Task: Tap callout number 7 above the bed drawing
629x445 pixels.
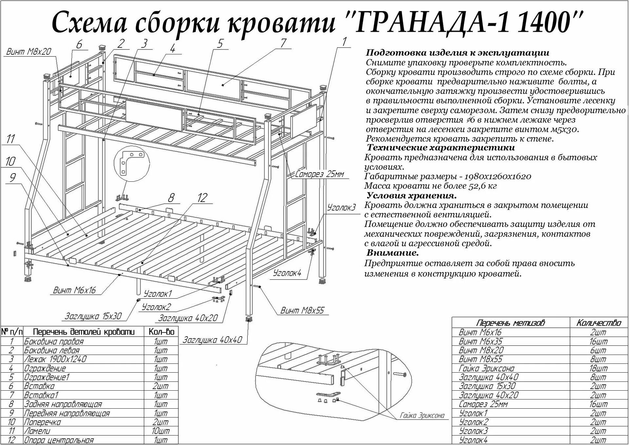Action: point(283,43)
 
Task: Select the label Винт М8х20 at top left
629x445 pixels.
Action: point(29,52)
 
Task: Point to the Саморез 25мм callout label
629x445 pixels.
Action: point(319,174)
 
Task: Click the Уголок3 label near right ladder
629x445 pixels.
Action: point(341,208)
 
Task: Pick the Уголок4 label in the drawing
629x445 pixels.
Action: point(287,273)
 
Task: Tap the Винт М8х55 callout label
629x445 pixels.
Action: point(302,310)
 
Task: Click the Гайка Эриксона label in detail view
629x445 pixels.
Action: point(422,416)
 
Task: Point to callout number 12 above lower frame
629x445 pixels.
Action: point(202,198)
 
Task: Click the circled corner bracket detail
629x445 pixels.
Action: point(132,163)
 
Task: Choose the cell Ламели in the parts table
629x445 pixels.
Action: point(37,431)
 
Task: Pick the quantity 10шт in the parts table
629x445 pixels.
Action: point(161,431)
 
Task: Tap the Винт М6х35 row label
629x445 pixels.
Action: point(480,341)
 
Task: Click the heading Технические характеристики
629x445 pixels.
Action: point(441,148)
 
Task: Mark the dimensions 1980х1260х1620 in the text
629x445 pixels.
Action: point(496,177)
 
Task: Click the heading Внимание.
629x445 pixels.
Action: point(392,253)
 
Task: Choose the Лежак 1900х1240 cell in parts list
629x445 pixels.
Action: point(55,359)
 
